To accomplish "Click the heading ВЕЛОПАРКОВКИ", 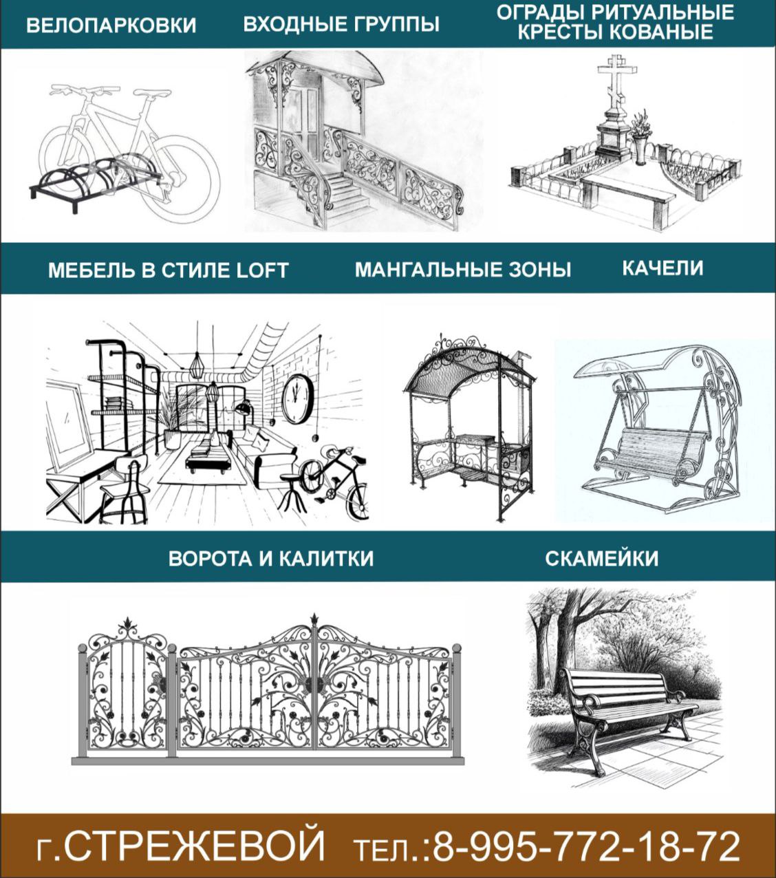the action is point(111,25).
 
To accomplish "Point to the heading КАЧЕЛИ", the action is point(662,268).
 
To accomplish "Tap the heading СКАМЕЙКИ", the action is point(601,558).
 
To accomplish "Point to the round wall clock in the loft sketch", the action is point(298,398).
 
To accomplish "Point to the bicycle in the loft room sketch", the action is point(335,483).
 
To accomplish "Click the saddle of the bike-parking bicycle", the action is point(151,93).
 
